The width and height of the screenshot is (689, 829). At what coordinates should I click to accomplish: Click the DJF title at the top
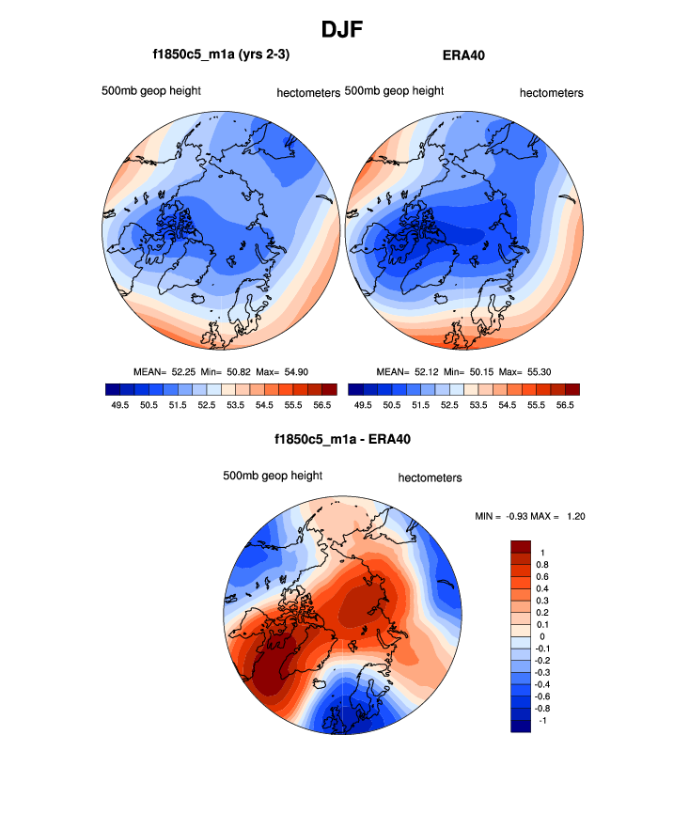click(x=342, y=29)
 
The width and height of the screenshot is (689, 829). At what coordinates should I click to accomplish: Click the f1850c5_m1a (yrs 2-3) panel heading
click(x=221, y=55)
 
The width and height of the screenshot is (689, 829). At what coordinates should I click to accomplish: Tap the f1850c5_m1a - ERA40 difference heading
click(x=343, y=439)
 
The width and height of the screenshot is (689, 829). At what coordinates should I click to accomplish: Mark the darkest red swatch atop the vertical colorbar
click(x=521, y=547)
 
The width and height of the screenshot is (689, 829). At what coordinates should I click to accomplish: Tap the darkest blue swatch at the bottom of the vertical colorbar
click(x=521, y=725)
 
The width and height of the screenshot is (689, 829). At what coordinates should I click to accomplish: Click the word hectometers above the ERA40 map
click(x=552, y=93)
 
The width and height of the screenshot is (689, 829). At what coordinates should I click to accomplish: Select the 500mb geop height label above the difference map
click(x=273, y=476)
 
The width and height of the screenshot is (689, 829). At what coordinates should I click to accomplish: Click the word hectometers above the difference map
click(x=431, y=477)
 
